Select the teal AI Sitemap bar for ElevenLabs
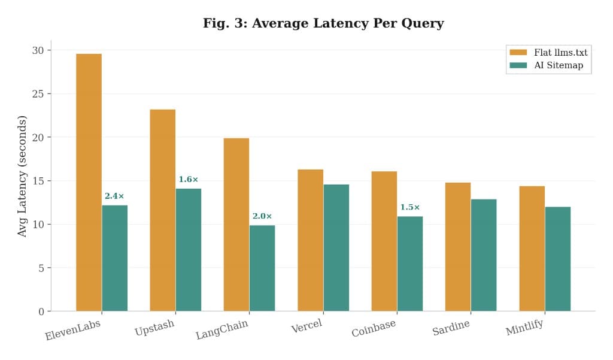pyautogui.click(x=114, y=258)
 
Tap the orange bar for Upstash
pyautogui.click(x=162, y=210)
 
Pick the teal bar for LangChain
pyautogui.click(x=262, y=268)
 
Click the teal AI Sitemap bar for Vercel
pyautogui.click(x=336, y=247)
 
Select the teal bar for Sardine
pyautogui.click(x=484, y=255)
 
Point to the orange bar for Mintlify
pyautogui.click(x=532, y=248)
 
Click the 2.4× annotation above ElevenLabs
pyautogui.click(x=114, y=196)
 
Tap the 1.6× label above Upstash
pyautogui.click(x=188, y=180)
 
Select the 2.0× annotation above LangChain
pyautogui.click(x=262, y=216)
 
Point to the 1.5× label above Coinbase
pyautogui.click(x=410, y=207)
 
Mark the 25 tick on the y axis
pyautogui.click(x=38, y=94)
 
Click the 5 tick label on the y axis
pyautogui.click(x=41, y=268)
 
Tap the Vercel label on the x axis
pyautogui.click(x=306, y=327)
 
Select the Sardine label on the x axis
pyautogui.click(x=451, y=328)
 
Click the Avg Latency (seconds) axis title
pyautogui.click(x=23, y=176)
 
